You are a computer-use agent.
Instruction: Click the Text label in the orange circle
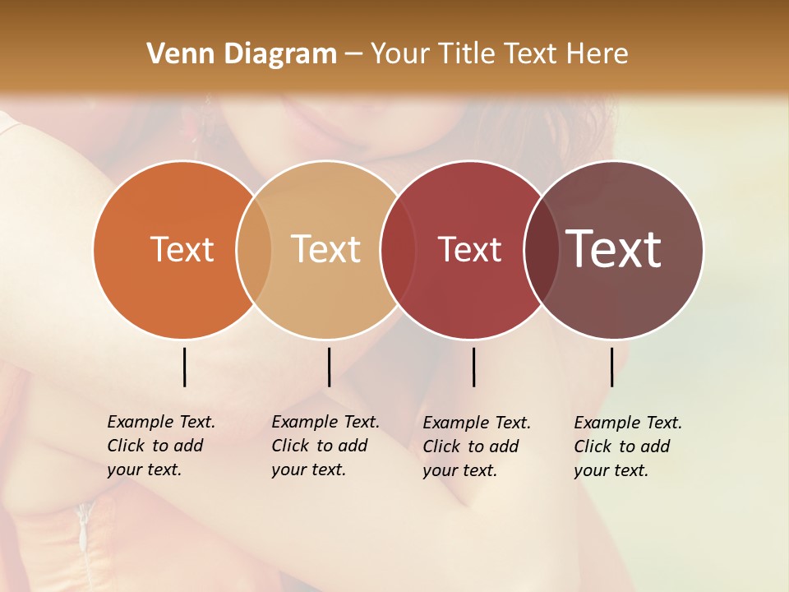(x=182, y=249)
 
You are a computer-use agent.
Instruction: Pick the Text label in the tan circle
(x=325, y=249)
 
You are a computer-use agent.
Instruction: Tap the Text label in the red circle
(x=469, y=249)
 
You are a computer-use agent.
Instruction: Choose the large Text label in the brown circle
(x=613, y=249)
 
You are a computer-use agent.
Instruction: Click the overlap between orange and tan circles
(x=254, y=249)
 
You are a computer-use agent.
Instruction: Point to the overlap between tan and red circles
(x=398, y=249)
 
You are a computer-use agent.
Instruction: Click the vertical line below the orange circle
(x=184, y=367)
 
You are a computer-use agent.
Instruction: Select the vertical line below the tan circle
(x=329, y=367)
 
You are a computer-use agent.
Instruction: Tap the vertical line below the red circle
(x=473, y=367)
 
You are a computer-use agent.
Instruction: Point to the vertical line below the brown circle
(x=611, y=367)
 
